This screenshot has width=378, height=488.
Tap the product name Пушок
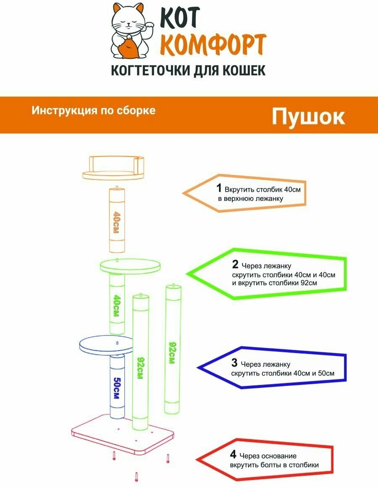(x=308, y=117)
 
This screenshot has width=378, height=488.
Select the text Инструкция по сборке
(x=94, y=111)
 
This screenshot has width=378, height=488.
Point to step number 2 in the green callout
(x=235, y=264)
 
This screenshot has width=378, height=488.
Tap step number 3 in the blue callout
(x=234, y=362)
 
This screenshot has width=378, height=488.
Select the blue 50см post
(x=117, y=387)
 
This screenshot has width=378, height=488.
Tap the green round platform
(x=130, y=266)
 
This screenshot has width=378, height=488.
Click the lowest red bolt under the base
(x=136, y=477)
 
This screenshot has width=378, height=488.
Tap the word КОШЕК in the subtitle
(x=245, y=70)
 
